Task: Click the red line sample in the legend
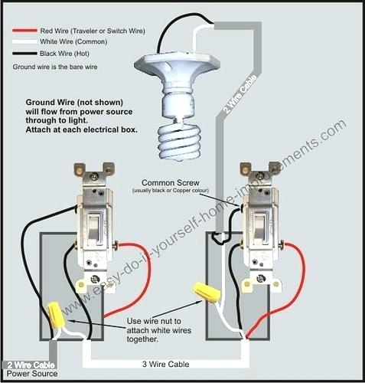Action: click(24, 31)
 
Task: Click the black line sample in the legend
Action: click(24, 54)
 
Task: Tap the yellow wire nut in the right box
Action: click(207, 293)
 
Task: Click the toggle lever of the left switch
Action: click(93, 228)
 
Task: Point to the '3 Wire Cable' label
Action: click(165, 364)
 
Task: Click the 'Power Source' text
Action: click(32, 374)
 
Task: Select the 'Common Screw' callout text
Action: click(171, 183)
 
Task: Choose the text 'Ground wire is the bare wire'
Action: click(55, 67)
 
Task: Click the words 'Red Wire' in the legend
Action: click(54, 31)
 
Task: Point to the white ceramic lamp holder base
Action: click(177, 77)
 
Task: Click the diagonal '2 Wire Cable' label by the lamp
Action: click(240, 94)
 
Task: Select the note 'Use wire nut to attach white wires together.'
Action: click(158, 330)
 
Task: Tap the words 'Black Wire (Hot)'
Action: click(64, 54)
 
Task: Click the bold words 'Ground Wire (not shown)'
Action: click(74, 103)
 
